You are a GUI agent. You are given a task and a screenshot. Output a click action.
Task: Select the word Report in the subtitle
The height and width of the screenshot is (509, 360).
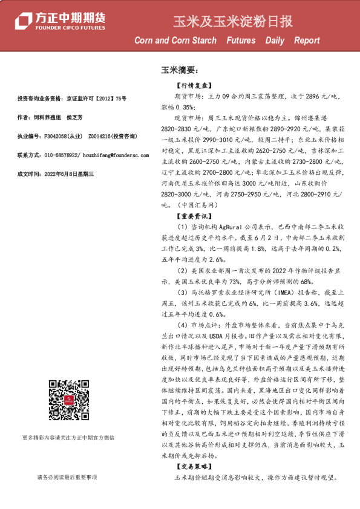pos(307,41)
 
